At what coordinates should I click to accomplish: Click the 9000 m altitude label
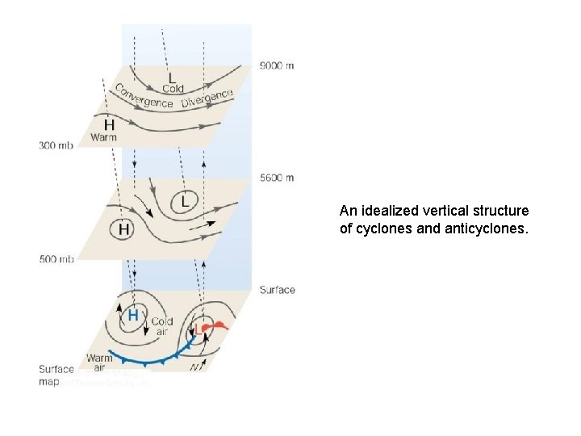pos(277,65)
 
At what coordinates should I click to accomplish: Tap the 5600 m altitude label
pos(277,178)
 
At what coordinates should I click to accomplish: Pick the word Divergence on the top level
pos(207,98)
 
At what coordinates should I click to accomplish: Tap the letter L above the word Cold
pos(172,77)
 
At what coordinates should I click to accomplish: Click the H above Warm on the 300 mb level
pos(109,126)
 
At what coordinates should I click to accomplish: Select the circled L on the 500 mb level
pos(185,199)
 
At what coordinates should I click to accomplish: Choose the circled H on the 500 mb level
pos(123,230)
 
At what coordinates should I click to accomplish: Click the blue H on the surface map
pos(133,314)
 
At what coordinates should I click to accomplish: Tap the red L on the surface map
pos(199,329)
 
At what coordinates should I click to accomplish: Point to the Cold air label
pos(161,326)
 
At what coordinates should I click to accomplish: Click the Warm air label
pos(99,363)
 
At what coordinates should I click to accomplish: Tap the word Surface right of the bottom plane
pos(277,290)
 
